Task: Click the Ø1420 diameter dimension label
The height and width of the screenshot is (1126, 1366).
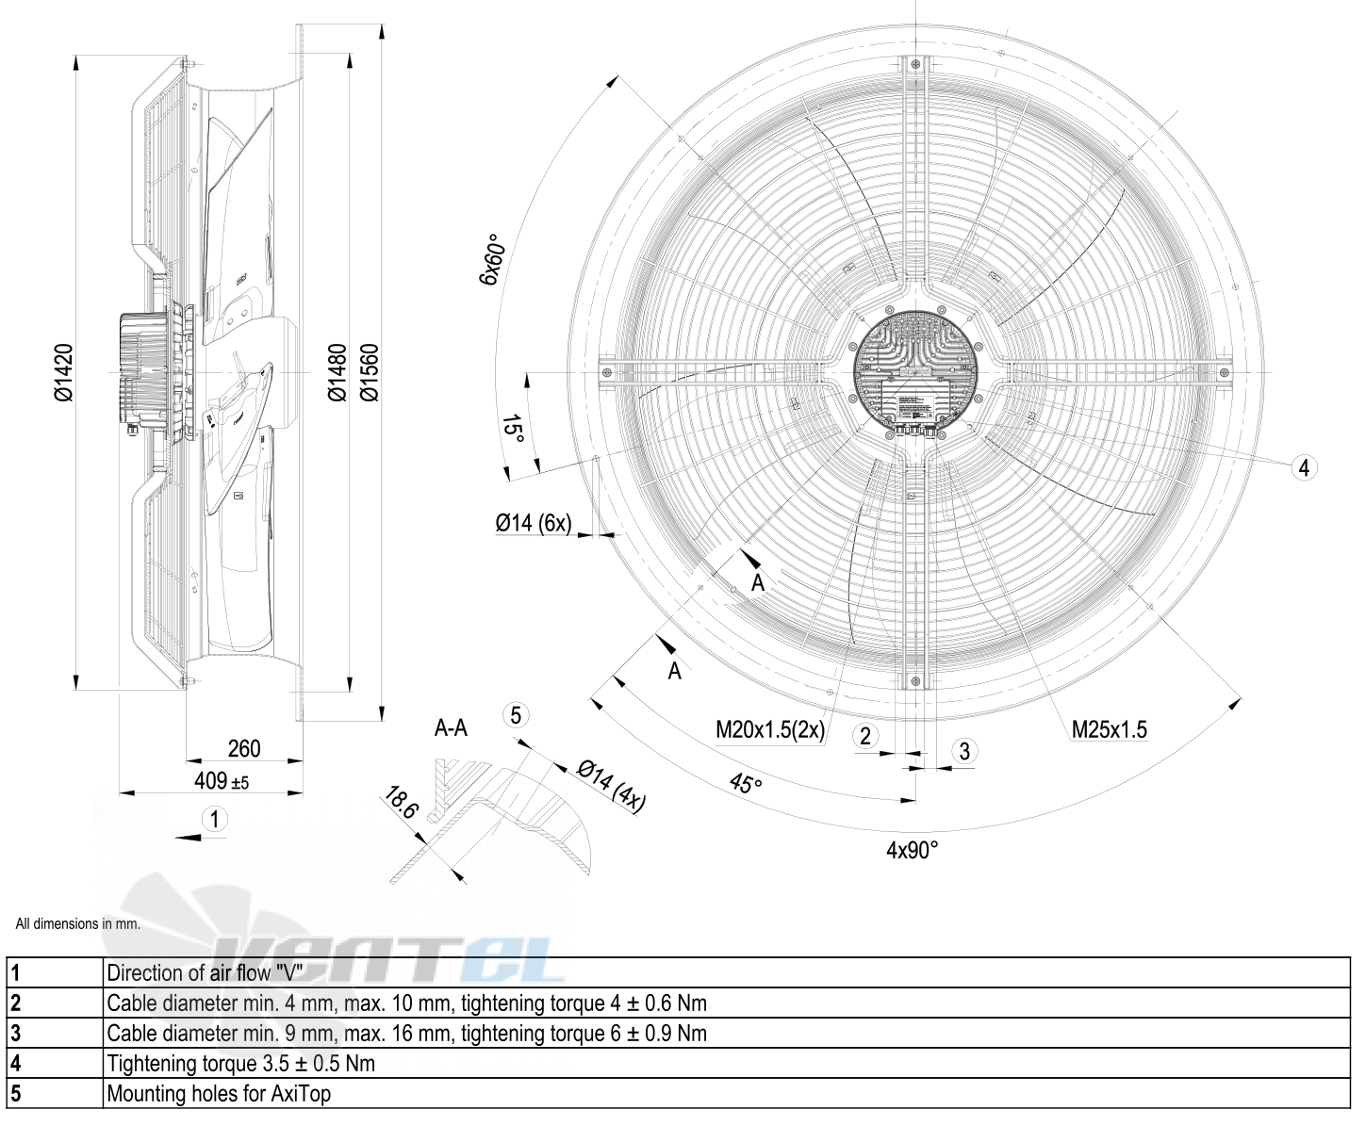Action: coord(62,372)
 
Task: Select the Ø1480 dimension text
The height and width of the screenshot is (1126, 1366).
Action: coord(337,372)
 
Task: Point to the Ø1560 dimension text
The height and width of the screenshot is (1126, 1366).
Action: coord(369,372)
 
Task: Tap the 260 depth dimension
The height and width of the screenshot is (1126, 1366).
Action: coord(244,748)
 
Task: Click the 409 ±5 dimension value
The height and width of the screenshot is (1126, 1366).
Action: coord(222,780)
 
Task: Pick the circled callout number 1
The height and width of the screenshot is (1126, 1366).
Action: coord(215,819)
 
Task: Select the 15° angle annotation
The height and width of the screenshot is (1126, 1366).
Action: coord(513,429)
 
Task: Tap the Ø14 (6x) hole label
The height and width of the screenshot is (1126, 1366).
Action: coord(534,523)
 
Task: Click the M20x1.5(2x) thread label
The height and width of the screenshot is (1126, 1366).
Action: coord(770,728)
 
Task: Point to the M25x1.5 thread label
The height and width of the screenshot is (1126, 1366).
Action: coord(1110,728)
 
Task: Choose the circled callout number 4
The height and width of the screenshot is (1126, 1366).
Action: coord(1304,467)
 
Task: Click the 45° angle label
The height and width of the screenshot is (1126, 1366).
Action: coord(745,783)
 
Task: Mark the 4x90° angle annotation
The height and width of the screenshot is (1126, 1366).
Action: coord(913,850)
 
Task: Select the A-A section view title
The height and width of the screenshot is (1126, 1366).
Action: coord(451,727)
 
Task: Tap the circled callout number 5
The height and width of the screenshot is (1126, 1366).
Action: coord(516,715)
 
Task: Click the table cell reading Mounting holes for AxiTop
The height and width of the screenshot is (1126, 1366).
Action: coord(219,1094)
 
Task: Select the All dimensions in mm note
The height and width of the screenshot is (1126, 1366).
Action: coord(78,923)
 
